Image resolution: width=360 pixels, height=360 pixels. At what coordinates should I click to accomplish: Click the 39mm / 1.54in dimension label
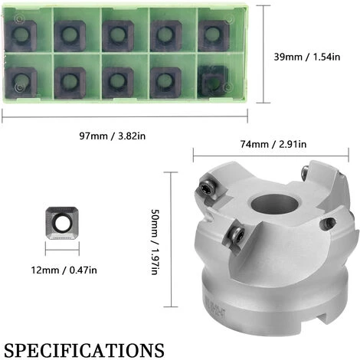[x=307, y=57]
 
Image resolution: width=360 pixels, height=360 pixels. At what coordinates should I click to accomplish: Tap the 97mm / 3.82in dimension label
[x=113, y=136]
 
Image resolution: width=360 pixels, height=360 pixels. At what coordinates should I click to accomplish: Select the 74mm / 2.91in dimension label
[x=273, y=144]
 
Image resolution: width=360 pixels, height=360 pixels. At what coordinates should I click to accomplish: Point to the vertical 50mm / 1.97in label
[x=155, y=242]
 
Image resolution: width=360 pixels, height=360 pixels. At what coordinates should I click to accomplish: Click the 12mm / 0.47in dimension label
[x=64, y=270]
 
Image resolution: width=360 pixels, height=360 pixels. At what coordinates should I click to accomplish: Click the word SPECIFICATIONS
[x=84, y=350]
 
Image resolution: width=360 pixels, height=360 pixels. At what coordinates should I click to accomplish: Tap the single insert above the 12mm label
[x=62, y=223]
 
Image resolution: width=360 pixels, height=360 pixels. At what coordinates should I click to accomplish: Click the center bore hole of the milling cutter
[x=274, y=205]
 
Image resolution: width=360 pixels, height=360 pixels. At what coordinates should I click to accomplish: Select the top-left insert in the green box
[x=21, y=35]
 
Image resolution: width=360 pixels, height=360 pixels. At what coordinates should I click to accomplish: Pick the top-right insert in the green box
[x=214, y=35]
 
